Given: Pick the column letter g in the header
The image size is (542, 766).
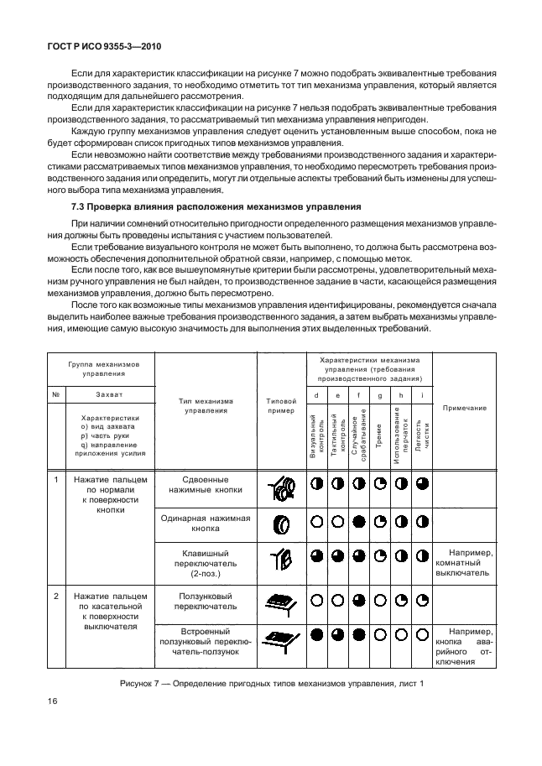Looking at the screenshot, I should pos(379,394).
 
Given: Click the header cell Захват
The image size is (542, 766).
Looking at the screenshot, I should pos(109,393).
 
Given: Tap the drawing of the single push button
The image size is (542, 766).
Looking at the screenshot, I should pos(281,524).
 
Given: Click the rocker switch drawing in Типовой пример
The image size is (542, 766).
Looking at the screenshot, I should pos(281,560).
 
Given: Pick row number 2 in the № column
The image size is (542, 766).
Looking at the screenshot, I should pos(55,596).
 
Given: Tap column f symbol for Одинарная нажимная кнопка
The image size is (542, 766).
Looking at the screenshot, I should pos(358,522).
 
